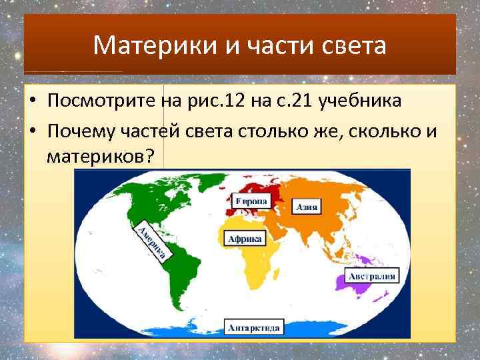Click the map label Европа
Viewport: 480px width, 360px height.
[251, 201]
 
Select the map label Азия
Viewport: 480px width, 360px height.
[307, 207]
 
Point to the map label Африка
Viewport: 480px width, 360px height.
[245, 239]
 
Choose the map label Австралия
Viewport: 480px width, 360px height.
[371, 276]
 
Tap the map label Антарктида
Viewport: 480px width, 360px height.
[255, 327]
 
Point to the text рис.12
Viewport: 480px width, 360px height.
[223, 101]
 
